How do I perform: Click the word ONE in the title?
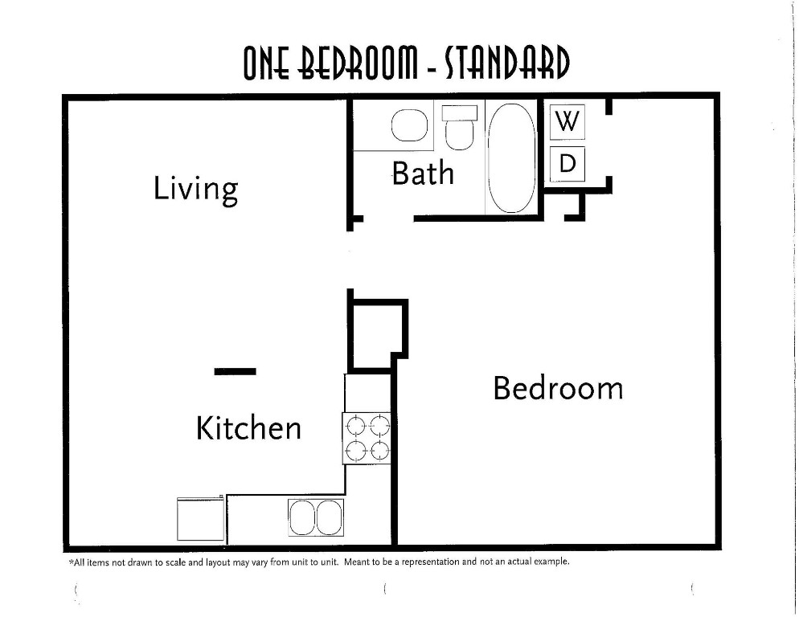click(x=268, y=65)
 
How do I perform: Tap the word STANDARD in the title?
click(x=507, y=65)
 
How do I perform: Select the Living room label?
click(x=196, y=189)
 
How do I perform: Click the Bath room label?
click(x=423, y=173)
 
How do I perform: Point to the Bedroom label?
click(x=557, y=388)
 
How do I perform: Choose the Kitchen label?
click(x=248, y=427)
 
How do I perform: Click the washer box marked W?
click(x=567, y=122)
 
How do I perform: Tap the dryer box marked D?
click(x=567, y=164)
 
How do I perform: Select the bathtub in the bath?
click(x=512, y=157)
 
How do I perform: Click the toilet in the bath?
click(x=460, y=129)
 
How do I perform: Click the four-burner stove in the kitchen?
click(x=367, y=438)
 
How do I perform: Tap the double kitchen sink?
click(x=316, y=517)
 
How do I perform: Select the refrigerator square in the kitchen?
click(x=200, y=519)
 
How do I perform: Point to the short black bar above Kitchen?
click(x=236, y=371)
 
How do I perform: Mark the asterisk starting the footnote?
click(x=71, y=561)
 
